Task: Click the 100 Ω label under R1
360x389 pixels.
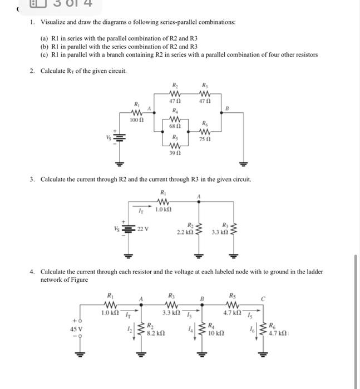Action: click(137, 120)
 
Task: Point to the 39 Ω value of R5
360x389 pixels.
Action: click(175, 152)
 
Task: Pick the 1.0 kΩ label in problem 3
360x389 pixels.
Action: click(162, 210)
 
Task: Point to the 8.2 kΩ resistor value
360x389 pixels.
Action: click(155, 333)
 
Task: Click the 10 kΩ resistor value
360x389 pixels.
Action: click(216, 333)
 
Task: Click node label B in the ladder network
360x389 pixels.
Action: click(203, 301)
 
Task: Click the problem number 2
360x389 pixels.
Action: click(32, 71)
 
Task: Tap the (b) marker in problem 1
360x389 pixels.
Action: click(44, 46)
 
